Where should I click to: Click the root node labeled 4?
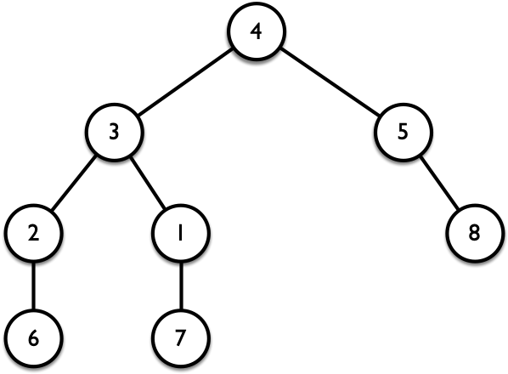tap(257, 31)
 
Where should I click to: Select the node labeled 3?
tap(114, 132)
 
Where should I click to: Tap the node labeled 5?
tap(403, 132)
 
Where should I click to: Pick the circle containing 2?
tap(33, 233)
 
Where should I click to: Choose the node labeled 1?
tap(181, 233)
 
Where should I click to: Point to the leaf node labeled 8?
tap(475, 233)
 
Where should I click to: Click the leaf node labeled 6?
tap(33, 337)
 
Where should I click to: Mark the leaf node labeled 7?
tap(181, 337)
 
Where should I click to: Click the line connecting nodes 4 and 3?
tap(185, 82)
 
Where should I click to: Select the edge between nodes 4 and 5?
tap(330, 82)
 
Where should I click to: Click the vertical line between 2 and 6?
tap(33, 286)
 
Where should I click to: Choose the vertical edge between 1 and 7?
tap(181, 286)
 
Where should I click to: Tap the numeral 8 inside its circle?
tap(474, 233)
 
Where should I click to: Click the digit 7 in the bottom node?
tap(179, 337)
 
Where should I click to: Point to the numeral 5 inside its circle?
tap(403, 132)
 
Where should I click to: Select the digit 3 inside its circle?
tap(114, 132)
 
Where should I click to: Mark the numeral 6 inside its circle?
tap(33, 337)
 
